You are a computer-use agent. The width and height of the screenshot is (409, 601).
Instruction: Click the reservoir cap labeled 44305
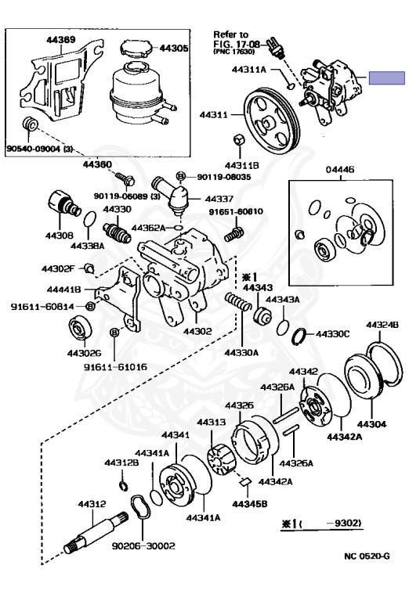[x=136, y=49]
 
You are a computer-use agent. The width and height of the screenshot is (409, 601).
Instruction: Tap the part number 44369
[x=61, y=39]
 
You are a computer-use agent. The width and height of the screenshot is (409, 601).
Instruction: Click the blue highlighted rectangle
[x=387, y=77]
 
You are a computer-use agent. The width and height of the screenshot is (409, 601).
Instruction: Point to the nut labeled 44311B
[x=240, y=140]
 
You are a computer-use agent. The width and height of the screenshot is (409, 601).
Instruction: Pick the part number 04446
[x=340, y=169]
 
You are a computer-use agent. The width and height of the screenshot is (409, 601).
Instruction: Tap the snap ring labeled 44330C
[x=299, y=336]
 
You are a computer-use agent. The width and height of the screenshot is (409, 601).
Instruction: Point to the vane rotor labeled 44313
[x=222, y=459]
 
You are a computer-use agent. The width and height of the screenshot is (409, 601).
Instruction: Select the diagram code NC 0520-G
[x=367, y=556]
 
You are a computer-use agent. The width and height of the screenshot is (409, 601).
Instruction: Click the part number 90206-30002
[x=143, y=545]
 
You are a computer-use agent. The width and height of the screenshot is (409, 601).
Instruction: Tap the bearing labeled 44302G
[x=80, y=327]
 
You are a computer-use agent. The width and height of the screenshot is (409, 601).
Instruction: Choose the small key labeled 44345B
[x=244, y=482]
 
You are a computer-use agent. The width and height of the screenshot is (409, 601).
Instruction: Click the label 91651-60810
[x=236, y=211]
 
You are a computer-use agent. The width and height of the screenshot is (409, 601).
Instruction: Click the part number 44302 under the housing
[x=197, y=331]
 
